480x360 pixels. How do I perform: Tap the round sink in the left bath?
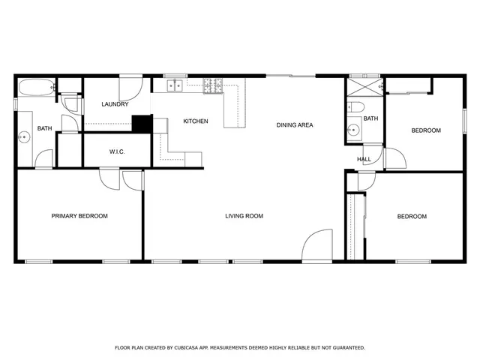23,136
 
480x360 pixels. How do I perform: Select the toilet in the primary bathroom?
70,104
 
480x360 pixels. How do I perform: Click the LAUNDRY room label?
115,104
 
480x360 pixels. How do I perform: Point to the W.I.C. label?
117,152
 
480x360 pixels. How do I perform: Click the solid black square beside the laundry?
141,124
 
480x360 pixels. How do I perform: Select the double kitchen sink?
175,85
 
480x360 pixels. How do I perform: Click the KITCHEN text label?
196,121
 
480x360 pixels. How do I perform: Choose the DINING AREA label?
294,125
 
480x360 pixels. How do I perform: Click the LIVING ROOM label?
244,216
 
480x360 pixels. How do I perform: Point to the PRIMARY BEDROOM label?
79,216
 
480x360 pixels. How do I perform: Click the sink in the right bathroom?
352,130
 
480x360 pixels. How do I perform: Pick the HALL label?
364,159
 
